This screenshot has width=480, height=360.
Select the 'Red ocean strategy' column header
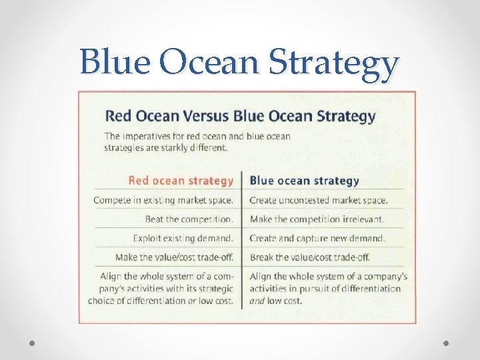[x=181, y=180]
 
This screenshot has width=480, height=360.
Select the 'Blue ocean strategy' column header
[x=304, y=180]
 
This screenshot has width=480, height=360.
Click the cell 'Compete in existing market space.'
[x=163, y=200]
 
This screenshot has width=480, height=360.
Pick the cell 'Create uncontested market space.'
[x=318, y=200]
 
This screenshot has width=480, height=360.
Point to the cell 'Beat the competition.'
[x=189, y=219]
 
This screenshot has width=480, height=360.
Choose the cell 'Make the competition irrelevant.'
[x=317, y=219]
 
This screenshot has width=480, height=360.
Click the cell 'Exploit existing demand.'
[x=183, y=238]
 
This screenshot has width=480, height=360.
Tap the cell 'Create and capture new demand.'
[x=317, y=238]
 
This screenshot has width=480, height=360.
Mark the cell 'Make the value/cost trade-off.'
[x=174, y=257]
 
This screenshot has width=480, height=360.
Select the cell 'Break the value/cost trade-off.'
[x=309, y=257]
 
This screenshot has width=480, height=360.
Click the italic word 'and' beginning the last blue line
[x=257, y=301]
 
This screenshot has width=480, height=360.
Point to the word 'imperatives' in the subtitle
[x=147, y=137]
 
